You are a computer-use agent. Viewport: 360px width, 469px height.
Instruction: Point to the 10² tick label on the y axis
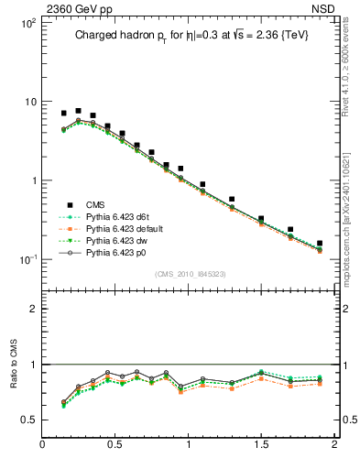pos(27,22)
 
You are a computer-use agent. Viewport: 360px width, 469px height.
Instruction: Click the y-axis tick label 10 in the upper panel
pos(29,102)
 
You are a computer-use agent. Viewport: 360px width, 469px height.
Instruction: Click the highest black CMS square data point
pos(78,111)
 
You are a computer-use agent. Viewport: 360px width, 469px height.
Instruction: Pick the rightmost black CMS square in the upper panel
pos(320,244)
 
